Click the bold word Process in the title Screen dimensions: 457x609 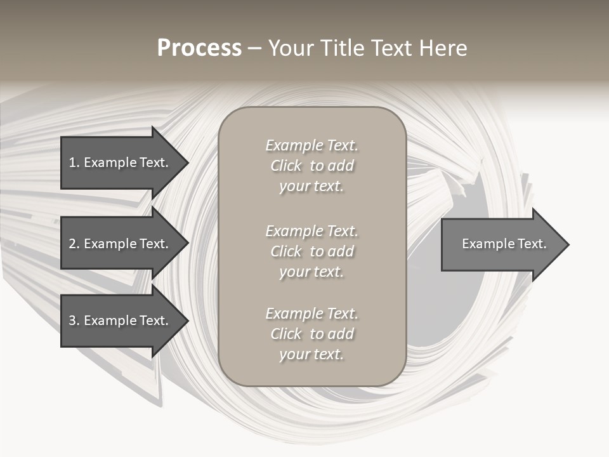tap(199, 48)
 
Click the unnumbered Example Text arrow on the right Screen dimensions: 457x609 tap(501, 244)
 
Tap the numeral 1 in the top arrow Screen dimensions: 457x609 tap(72, 162)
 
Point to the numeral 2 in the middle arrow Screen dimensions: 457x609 tap(72, 244)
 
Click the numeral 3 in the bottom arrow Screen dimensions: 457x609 tap(72, 321)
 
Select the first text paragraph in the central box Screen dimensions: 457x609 tap(311, 166)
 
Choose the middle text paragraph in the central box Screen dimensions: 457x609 tap(311, 251)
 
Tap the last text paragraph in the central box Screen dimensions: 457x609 tap(311, 334)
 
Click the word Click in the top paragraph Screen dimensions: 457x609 tap(286, 166)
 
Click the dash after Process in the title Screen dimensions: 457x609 tap(254, 49)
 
